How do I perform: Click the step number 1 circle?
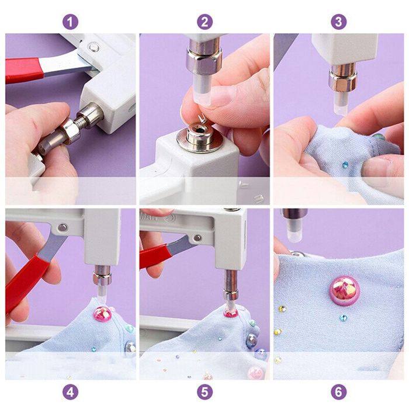coord(70,22)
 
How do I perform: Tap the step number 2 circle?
coord(204,22)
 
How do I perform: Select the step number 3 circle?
coord(338,22)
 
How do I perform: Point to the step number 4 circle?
coord(70,391)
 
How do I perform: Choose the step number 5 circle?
coord(204,391)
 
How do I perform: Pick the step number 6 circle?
coord(338,391)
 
